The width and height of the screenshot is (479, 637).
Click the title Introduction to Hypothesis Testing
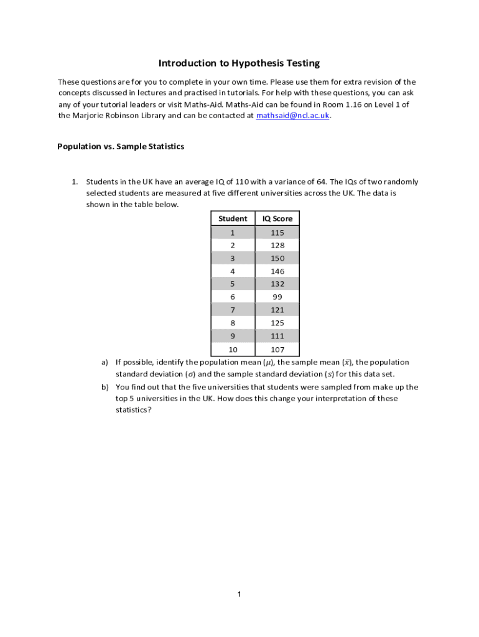point(240,63)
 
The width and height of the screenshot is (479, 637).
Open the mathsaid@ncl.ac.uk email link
point(292,116)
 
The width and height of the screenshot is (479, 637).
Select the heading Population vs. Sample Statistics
point(121,147)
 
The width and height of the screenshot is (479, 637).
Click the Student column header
point(233,218)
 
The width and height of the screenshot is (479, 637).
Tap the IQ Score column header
point(277,218)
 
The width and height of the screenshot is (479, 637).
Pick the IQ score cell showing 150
point(277,258)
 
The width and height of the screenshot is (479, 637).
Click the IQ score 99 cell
point(277,297)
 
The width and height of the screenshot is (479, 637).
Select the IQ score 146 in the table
point(277,271)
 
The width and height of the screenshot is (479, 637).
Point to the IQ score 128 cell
point(277,245)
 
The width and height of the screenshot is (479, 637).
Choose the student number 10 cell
point(233,350)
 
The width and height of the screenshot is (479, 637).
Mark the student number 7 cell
point(233,310)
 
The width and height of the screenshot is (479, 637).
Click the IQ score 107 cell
point(277,350)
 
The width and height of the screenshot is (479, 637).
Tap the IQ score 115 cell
point(277,233)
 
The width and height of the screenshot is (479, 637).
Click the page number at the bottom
point(239,595)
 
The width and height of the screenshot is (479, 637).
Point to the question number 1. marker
point(74,182)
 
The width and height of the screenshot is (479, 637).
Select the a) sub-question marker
point(105,362)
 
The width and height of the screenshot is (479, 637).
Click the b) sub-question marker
point(105,387)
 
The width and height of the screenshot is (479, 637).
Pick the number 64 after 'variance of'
point(322,182)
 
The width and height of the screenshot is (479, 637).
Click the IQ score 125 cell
point(277,323)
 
